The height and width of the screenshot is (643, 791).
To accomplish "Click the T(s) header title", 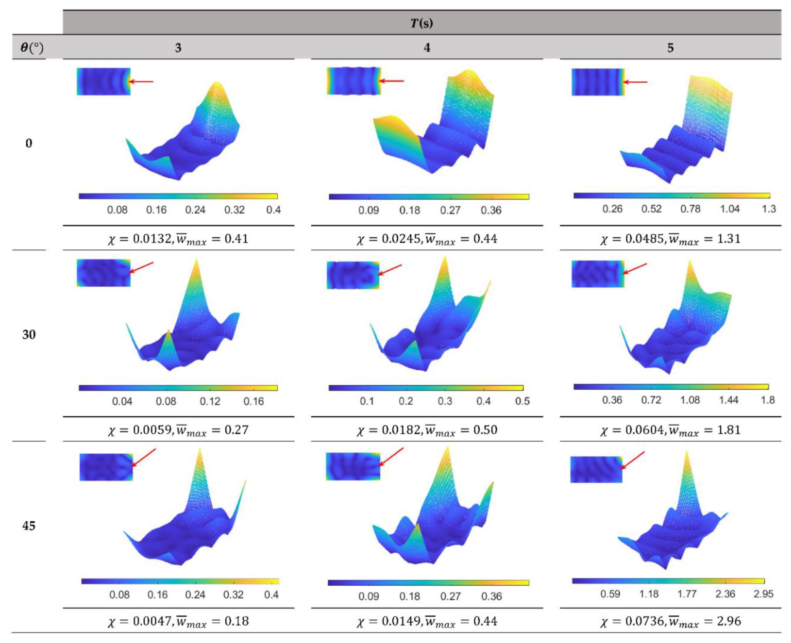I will point(422,23).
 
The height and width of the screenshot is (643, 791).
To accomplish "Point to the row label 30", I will point(29,335).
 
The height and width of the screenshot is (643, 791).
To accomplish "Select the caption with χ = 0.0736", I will point(670,621).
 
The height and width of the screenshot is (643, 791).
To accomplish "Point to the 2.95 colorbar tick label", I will point(763,594).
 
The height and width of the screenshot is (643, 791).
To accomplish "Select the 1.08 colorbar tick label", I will point(690,400).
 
